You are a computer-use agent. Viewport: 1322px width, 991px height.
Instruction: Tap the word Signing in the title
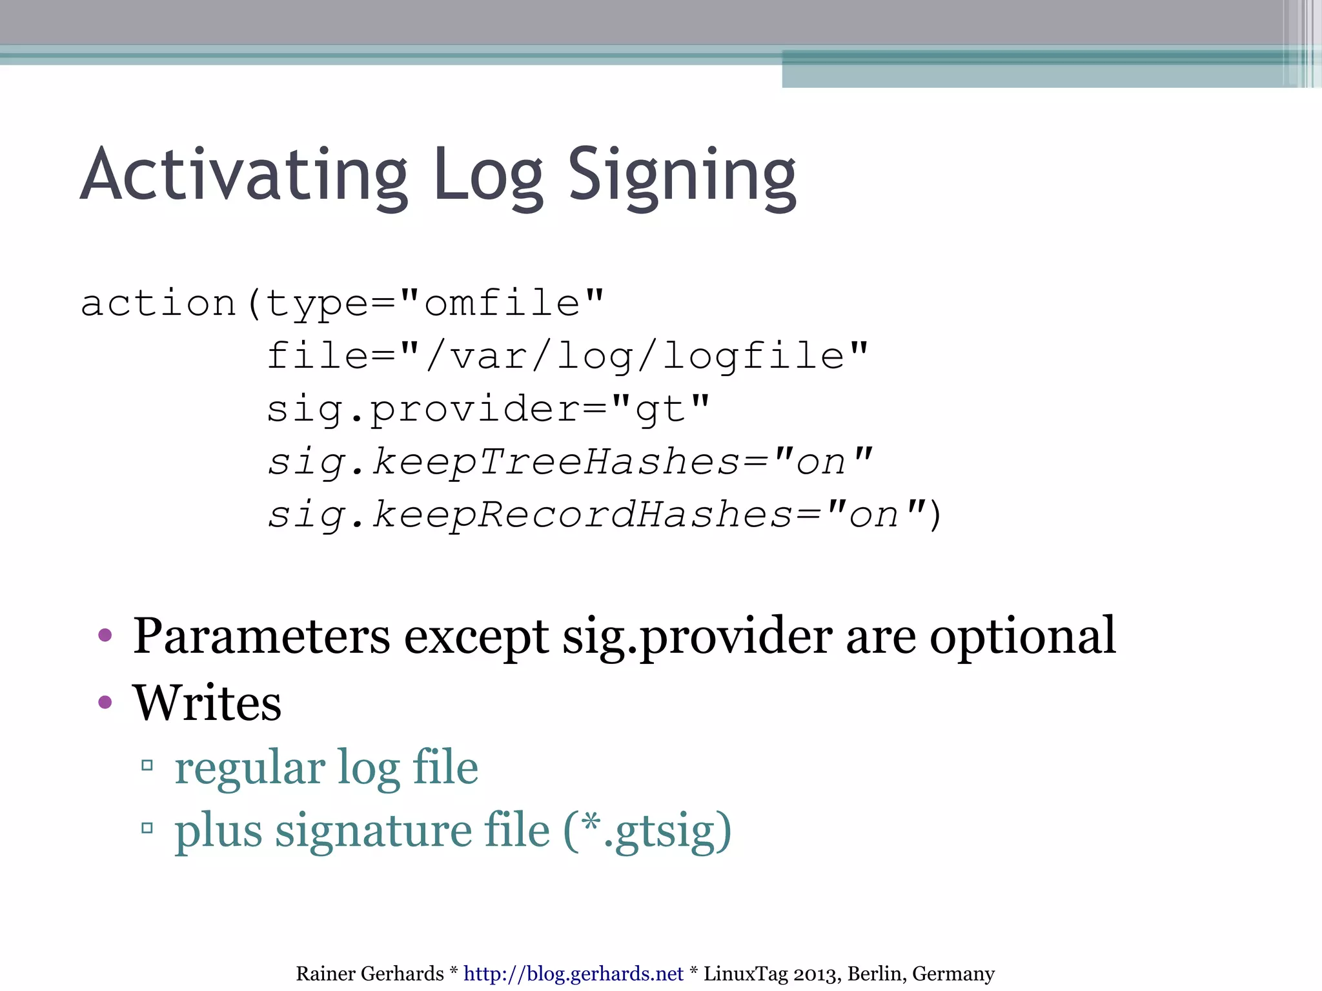click(682, 175)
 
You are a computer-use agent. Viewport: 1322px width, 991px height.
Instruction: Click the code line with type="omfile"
click(342, 303)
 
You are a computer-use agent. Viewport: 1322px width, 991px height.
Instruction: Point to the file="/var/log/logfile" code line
click(567, 356)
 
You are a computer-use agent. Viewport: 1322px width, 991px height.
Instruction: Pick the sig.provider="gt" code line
click(488, 409)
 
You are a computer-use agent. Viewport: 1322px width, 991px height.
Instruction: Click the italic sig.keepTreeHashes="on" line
click(569, 462)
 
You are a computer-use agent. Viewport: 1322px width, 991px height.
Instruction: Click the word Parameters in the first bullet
click(261, 637)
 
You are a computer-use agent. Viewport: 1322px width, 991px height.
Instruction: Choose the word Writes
click(207, 703)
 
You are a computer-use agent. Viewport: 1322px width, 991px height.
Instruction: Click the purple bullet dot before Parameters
click(105, 636)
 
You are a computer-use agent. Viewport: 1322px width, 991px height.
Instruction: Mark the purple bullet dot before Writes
click(105, 701)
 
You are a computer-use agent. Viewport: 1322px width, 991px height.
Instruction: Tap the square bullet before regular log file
click(147, 766)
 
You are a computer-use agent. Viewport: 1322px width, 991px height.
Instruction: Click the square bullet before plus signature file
click(147, 828)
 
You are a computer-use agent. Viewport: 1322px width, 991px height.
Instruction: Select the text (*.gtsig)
click(647, 831)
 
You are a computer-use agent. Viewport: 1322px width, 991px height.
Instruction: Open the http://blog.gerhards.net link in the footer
click(573, 974)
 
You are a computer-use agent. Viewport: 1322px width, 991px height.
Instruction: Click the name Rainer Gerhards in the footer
click(370, 974)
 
